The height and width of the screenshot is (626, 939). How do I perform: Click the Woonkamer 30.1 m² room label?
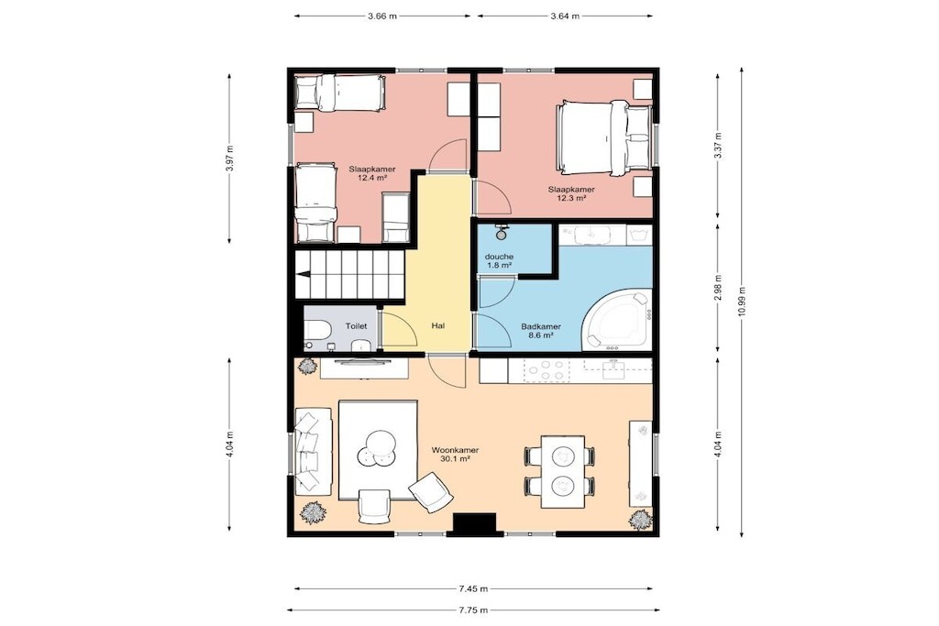[x=455, y=455]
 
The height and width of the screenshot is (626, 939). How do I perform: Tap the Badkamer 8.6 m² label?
[x=541, y=331]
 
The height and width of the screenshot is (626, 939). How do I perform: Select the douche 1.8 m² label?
[x=499, y=260]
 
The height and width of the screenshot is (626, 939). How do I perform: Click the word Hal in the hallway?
[x=437, y=326]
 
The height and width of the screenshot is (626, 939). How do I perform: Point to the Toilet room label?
[x=357, y=326]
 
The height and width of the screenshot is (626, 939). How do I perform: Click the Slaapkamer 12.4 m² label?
[x=372, y=173]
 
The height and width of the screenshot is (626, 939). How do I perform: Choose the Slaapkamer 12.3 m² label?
[x=571, y=193]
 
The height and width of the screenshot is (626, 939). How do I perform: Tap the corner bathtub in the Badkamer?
[x=617, y=320]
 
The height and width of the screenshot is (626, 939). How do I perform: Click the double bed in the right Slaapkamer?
[x=603, y=137]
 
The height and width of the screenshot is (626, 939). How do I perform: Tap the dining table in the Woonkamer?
[x=563, y=472]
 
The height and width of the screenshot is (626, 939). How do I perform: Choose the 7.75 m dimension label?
[x=473, y=610]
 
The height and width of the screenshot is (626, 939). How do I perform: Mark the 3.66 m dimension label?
[x=382, y=16]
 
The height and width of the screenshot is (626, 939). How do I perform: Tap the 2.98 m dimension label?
[x=718, y=287]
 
